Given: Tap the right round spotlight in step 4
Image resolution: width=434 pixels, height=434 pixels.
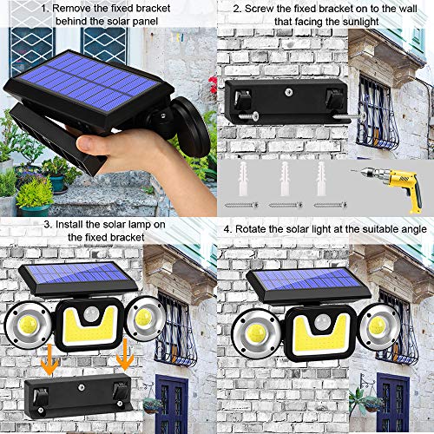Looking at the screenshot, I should point(378,325).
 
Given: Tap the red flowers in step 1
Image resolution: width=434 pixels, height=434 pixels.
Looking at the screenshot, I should point(212,85).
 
